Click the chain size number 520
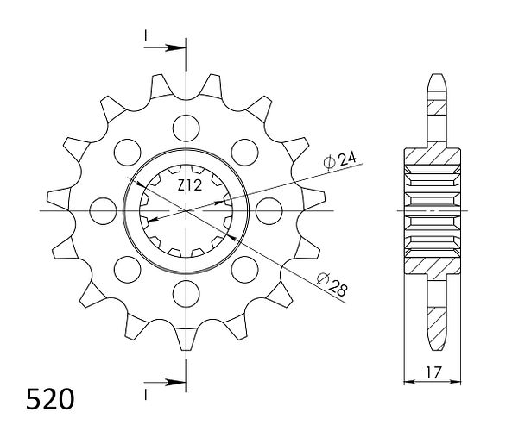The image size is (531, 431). (50, 399)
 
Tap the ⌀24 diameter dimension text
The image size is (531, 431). (339, 159)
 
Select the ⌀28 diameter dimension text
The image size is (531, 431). (332, 285)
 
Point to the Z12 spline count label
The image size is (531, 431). (190, 185)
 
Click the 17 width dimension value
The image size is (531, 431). (433, 372)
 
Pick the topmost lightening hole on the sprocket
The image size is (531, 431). (186, 128)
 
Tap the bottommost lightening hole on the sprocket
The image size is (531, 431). (186, 293)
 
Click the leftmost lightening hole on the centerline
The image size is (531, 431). (103, 211)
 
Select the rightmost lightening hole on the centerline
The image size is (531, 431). (269, 211)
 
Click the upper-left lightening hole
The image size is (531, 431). (127, 152)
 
